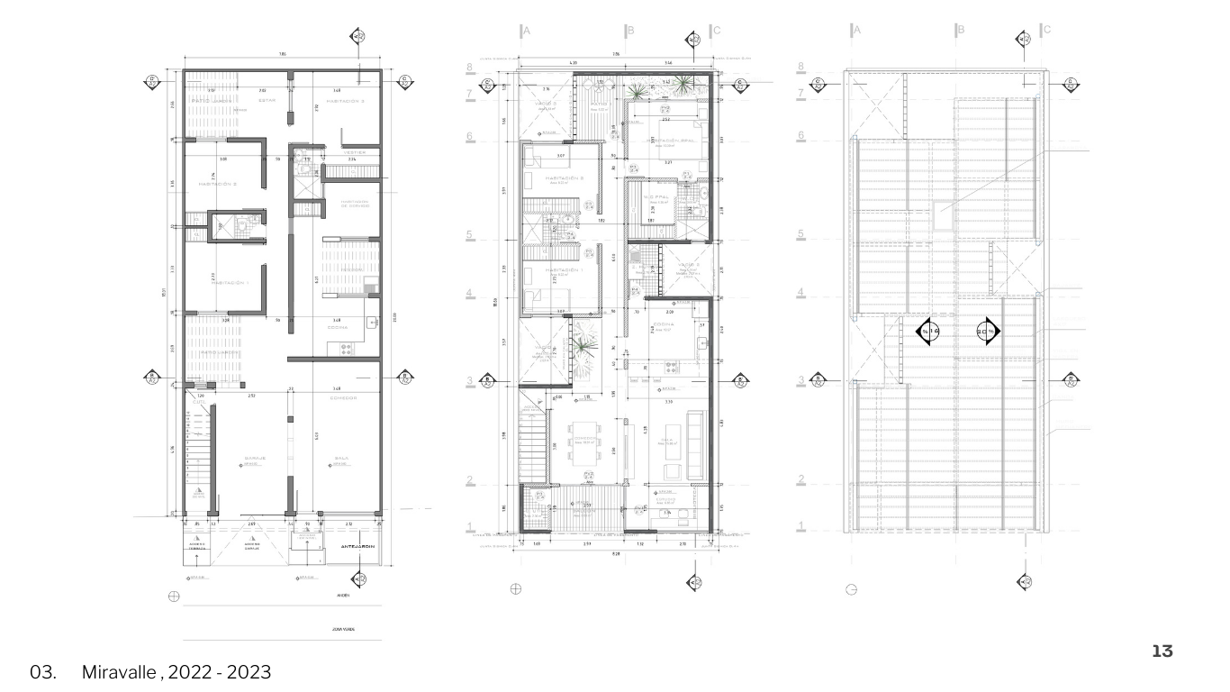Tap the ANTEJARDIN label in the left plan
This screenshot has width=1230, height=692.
click(357, 548)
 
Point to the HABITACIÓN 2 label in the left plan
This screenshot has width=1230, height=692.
click(216, 184)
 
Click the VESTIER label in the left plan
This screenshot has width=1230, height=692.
click(355, 153)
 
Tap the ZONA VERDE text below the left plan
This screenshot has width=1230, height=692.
click(342, 628)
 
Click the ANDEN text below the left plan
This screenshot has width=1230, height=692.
click(343, 595)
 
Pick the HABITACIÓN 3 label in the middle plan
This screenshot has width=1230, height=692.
click(565, 178)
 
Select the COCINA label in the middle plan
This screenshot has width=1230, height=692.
click(665, 326)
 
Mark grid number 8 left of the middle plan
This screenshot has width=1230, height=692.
click(470, 67)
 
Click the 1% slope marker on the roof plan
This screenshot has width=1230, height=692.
click(929, 332)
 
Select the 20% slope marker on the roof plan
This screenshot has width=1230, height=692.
click(987, 332)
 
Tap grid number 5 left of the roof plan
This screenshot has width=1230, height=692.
click(800, 234)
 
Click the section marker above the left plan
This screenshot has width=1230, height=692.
click(359, 37)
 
